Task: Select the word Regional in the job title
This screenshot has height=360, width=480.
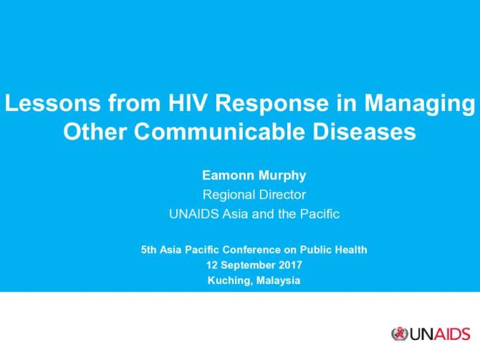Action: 226,195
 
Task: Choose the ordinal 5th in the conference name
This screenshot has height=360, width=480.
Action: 148,250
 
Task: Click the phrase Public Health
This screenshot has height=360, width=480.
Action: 338,250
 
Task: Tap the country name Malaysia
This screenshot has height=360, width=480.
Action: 276,280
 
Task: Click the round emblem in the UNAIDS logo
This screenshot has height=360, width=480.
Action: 399,334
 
